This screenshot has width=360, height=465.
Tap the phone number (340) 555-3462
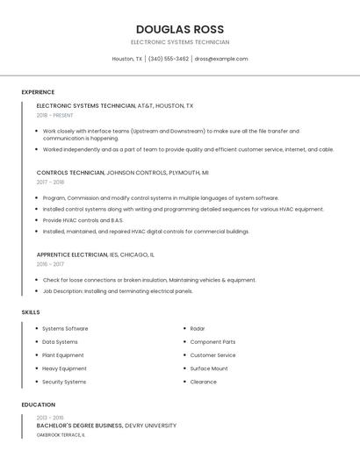click(168, 59)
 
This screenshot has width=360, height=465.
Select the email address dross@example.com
click(221, 59)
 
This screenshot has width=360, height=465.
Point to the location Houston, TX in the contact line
click(127, 59)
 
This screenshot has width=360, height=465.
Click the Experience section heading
click(38, 92)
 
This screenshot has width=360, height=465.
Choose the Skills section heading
click(31, 311)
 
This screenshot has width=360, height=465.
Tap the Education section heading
click(38, 404)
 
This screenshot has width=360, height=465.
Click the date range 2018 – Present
click(54, 115)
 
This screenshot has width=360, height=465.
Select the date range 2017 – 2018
click(50, 182)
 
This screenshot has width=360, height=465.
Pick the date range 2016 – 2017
click(50, 264)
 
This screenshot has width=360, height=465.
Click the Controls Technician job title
click(70, 173)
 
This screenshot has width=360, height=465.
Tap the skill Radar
click(198, 329)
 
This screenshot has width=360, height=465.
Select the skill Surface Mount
click(209, 368)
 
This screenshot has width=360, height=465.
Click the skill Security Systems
click(64, 382)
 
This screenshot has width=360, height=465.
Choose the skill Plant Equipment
click(63, 355)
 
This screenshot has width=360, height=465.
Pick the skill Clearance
click(204, 382)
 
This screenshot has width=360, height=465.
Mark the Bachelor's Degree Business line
click(80, 426)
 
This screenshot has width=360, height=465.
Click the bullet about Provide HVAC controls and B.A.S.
click(83, 220)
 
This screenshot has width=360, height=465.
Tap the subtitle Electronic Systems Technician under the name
click(180, 42)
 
